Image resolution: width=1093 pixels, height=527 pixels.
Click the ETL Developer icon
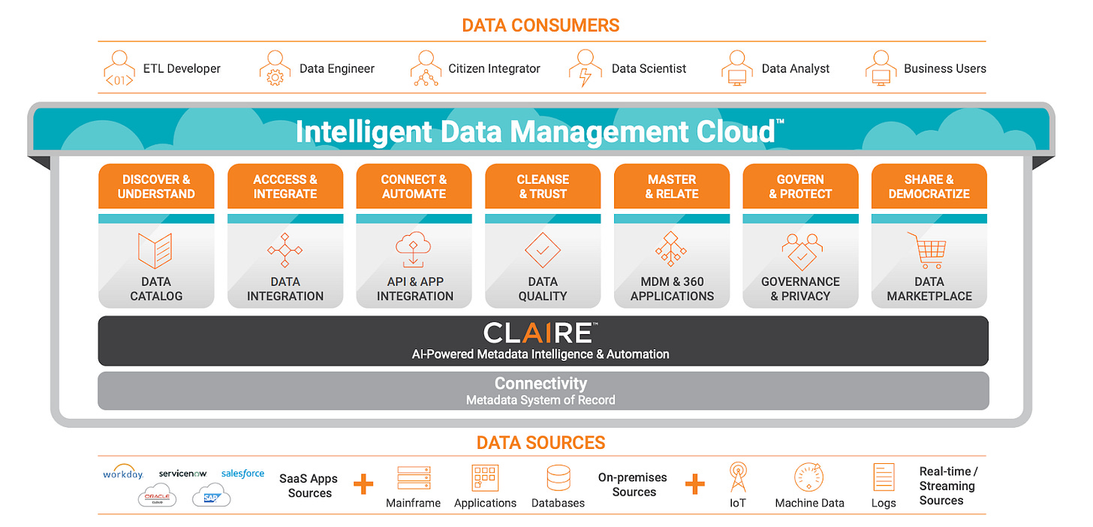click(x=119, y=68)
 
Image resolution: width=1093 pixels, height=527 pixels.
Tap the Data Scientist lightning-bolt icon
click(x=585, y=68)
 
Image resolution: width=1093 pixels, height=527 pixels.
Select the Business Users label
click(x=944, y=68)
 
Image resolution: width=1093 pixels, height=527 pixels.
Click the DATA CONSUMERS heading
click(x=540, y=25)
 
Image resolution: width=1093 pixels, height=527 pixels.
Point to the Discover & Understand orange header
click(x=156, y=186)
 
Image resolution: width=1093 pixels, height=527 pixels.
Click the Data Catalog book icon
click(x=155, y=250)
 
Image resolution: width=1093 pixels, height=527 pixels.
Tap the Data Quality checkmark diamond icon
click(x=543, y=250)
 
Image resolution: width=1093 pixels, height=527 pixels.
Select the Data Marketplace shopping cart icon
click(x=928, y=250)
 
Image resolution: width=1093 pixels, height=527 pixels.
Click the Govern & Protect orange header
click(x=800, y=186)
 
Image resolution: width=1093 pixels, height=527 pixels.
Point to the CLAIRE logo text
click(x=540, y=333)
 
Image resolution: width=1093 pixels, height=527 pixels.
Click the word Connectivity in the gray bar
click(x=540, y=384)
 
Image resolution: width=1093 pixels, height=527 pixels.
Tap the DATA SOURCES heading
click(x=540, y=442)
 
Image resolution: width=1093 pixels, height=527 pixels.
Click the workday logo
click(x=123, y=474)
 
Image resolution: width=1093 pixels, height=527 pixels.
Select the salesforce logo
click(x=242, y=474)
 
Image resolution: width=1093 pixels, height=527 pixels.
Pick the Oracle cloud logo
click(x=158, y=495)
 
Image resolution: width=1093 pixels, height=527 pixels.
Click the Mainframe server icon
click(x=414, y=478)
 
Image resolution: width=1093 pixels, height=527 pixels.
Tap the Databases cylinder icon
click(x=558, y=478)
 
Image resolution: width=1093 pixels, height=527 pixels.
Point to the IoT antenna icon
click(x=738, y=477)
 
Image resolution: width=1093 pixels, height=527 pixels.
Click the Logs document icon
click(x=884, y=477)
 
